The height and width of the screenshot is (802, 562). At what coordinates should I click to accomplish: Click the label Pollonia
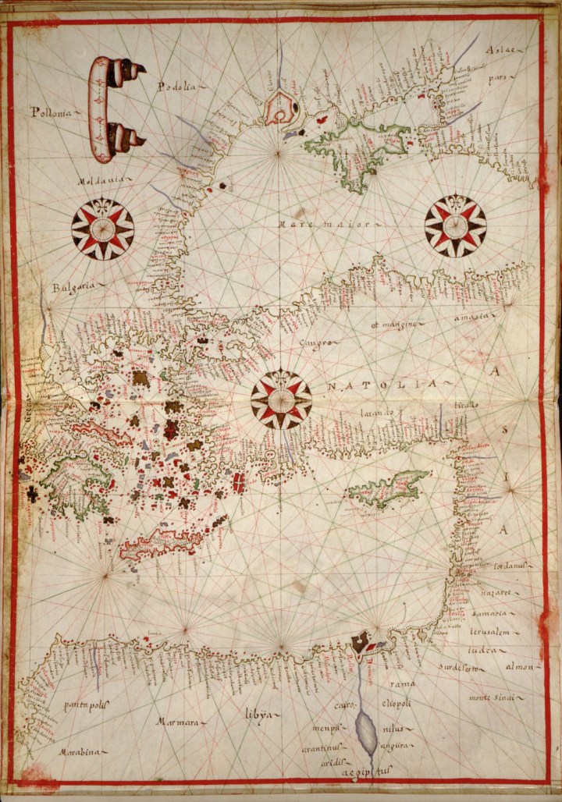51,112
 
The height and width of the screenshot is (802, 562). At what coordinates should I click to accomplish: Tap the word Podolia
176,87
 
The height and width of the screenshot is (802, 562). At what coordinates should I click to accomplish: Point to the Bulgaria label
72,287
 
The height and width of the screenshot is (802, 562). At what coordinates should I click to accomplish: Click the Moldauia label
101,181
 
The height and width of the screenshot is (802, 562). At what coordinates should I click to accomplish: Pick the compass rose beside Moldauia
102,229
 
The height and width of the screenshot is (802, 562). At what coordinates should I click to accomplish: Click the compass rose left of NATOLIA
281,399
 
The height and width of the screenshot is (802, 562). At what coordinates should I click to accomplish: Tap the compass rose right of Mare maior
455,226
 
